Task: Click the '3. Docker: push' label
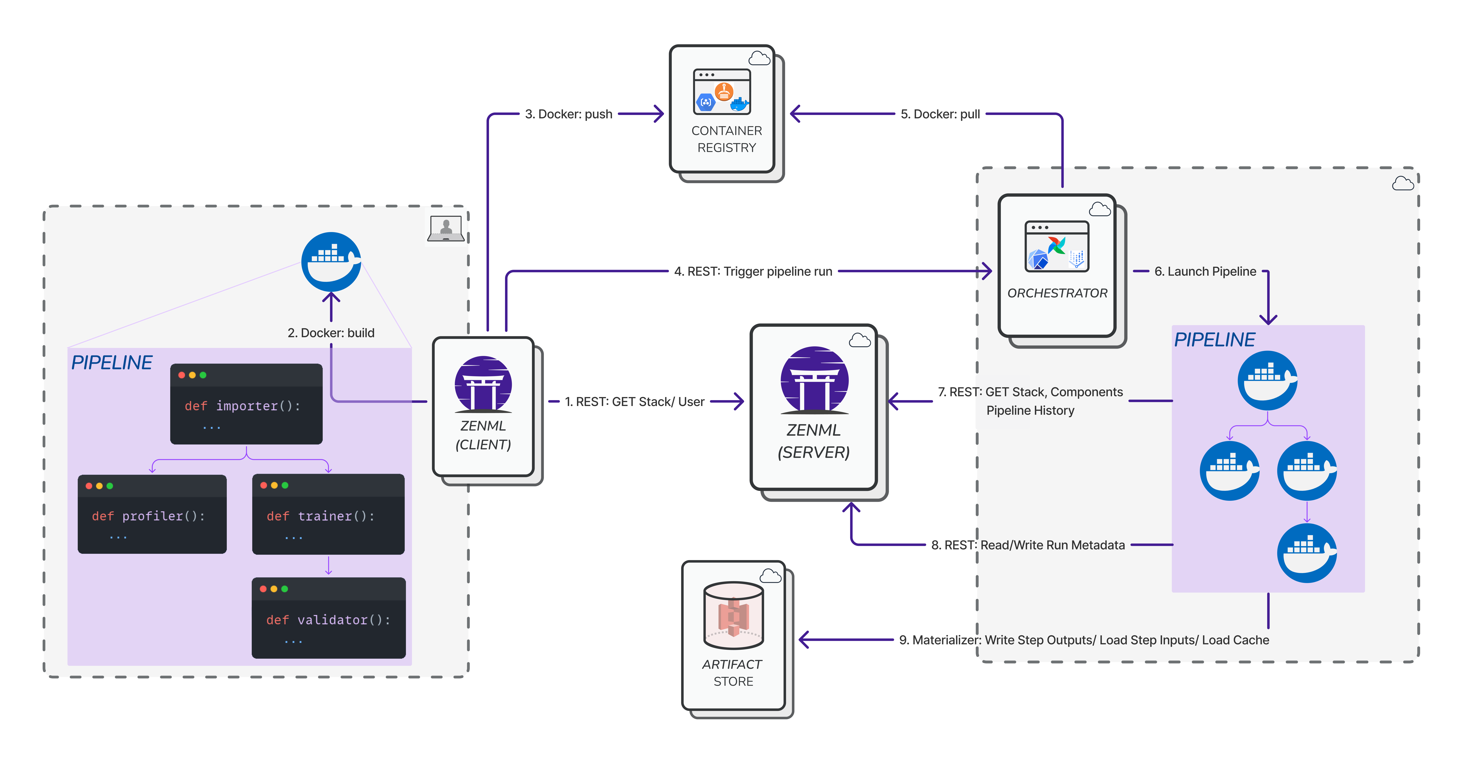tap(568, 114)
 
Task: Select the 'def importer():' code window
tap(247, 404)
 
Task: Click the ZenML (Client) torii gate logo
tap(483, 384)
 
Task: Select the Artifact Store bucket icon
tap(733, 615)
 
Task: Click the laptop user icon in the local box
tap(446, 228)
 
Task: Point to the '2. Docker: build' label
tap(331, 333)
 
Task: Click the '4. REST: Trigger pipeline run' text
tap(753, 272)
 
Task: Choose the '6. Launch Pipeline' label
tap(1205, 272)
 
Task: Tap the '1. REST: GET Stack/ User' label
tap(634, 402)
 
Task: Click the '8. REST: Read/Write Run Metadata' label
tap(1028, 545)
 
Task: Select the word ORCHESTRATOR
tap(1058, 293)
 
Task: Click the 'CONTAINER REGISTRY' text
tap(727, 139)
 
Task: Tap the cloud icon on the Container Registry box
tap(759, 58)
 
